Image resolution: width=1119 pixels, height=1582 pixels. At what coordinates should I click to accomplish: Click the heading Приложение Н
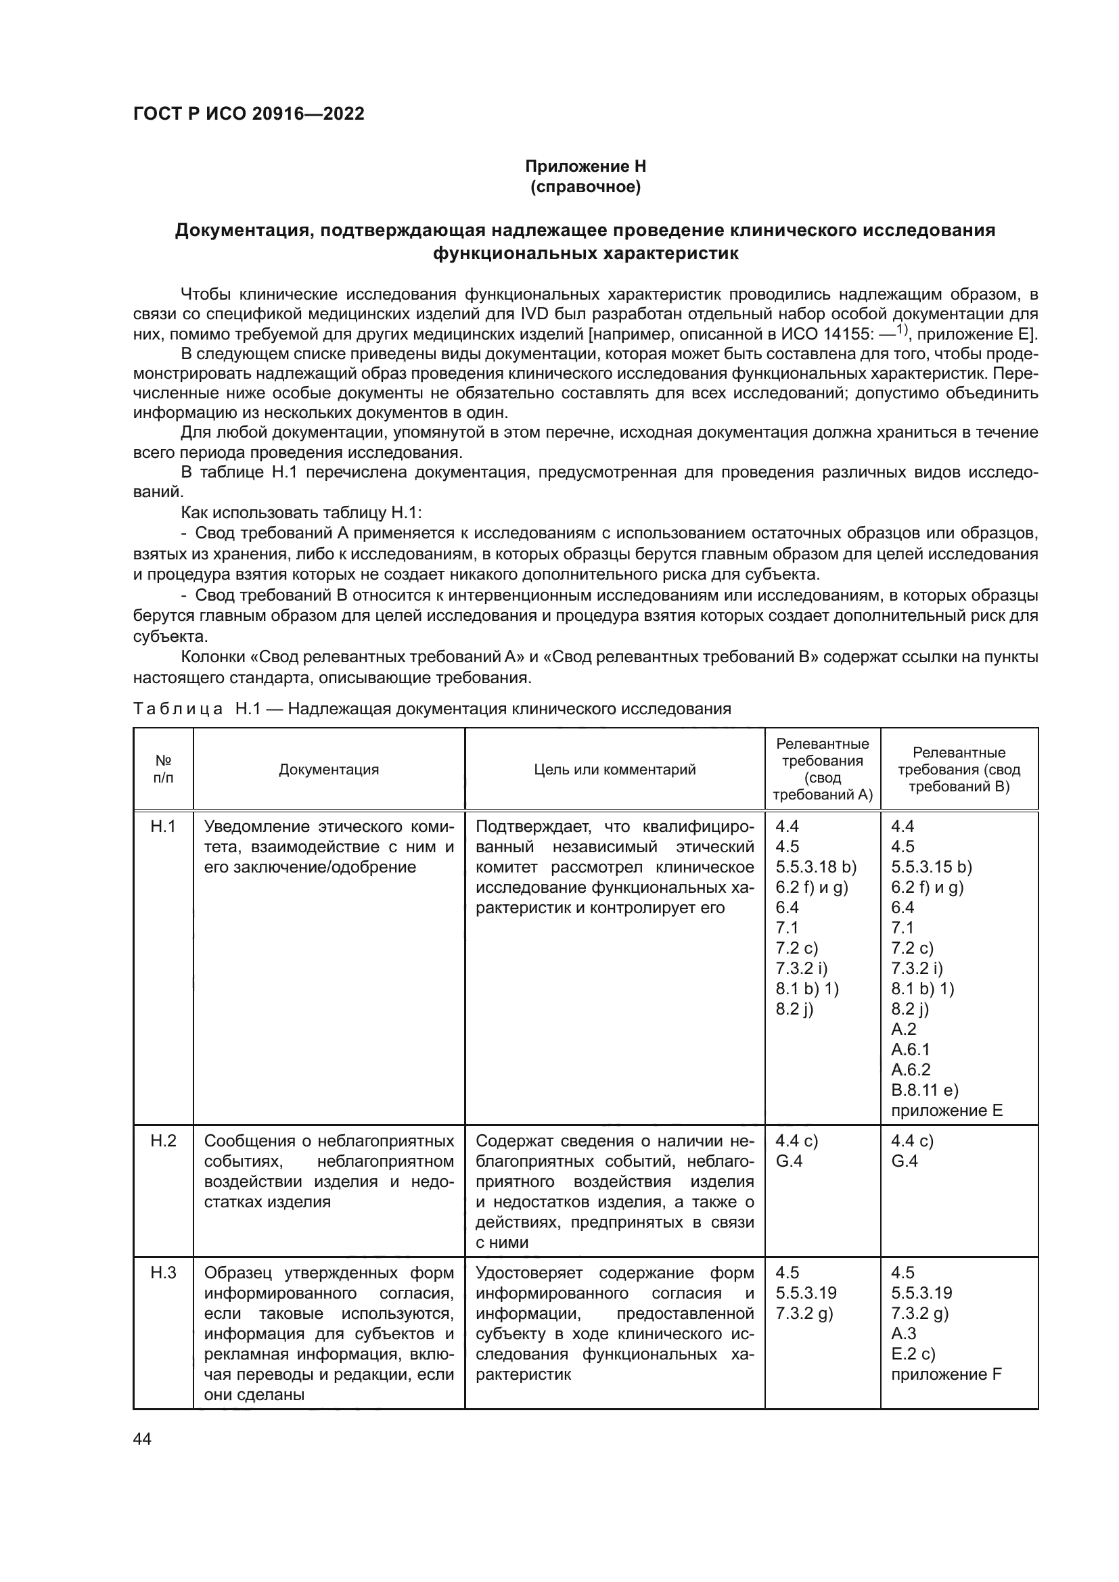click(585, 166)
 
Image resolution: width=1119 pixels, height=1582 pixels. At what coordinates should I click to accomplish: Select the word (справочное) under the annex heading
click(585, 187)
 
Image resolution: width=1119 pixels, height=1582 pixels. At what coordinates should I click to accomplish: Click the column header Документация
click(329, 770)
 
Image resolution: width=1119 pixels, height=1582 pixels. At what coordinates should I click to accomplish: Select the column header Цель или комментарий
click(614, 770)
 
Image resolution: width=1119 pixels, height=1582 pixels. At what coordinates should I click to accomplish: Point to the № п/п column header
click(163, 769)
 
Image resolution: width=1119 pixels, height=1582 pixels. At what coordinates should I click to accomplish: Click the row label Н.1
click(163, 826)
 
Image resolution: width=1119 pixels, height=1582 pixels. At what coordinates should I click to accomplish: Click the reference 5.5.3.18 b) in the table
click(816, 867)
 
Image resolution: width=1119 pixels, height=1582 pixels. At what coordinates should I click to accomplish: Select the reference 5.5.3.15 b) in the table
click(932, 867)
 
